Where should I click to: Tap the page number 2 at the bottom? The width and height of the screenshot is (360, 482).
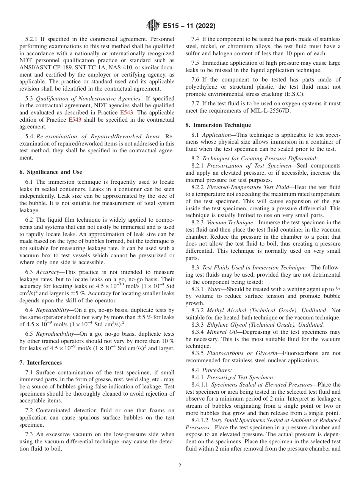coord(180,466)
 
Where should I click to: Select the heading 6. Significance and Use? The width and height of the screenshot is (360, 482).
coord(50,172)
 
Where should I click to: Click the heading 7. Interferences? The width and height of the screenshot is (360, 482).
coord(41,363)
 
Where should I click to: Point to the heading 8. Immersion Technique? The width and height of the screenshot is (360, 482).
coord(218,125)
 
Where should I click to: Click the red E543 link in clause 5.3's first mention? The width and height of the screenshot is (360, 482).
coord(125,113)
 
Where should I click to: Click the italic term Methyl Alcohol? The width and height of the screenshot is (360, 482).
coord(226,310)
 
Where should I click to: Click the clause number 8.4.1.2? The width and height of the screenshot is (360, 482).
coord(200,420)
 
